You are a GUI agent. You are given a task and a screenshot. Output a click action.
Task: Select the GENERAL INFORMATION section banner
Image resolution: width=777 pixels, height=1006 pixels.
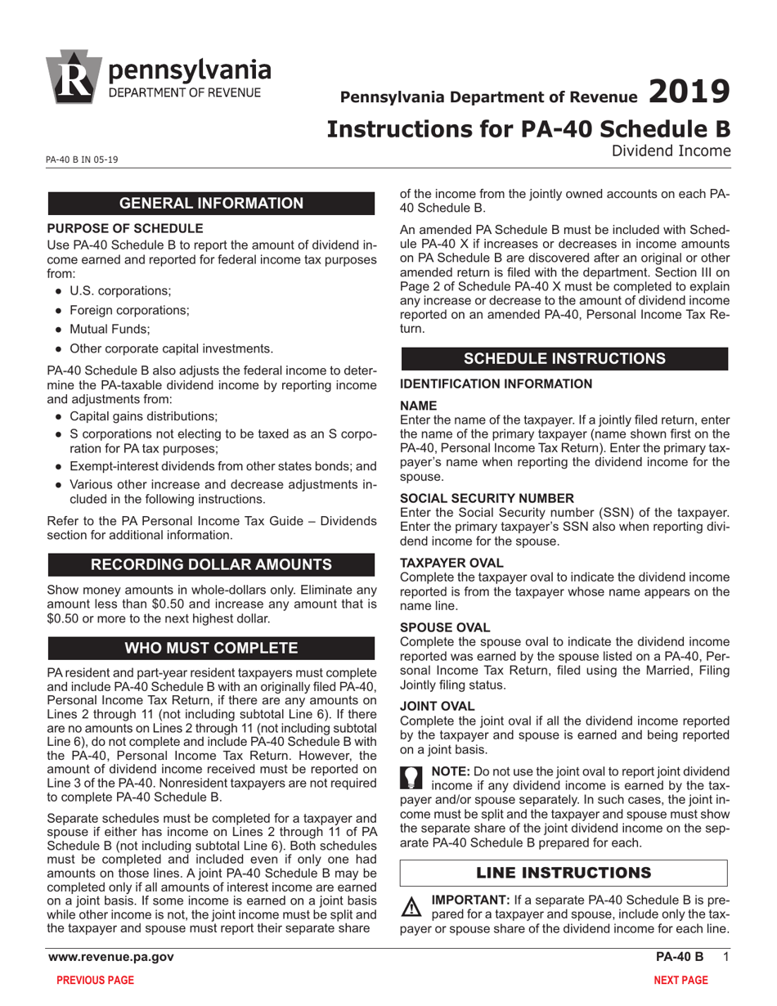[213, 204]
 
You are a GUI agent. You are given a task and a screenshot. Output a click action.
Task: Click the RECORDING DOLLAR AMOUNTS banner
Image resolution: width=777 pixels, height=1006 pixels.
[213, 564]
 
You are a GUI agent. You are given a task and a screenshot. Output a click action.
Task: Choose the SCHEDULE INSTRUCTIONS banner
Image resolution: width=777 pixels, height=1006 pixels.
[564, 359]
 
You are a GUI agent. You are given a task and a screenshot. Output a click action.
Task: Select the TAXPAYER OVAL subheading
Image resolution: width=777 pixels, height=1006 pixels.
[452, 563]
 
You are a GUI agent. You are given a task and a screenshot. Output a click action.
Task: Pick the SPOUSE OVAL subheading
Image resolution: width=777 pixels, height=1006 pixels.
[445, 627]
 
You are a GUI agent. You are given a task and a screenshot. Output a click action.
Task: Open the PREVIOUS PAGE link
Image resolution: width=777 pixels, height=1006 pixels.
[94, 981]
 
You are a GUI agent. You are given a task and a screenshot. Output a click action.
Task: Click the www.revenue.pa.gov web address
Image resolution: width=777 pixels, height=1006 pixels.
[110, 958]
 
